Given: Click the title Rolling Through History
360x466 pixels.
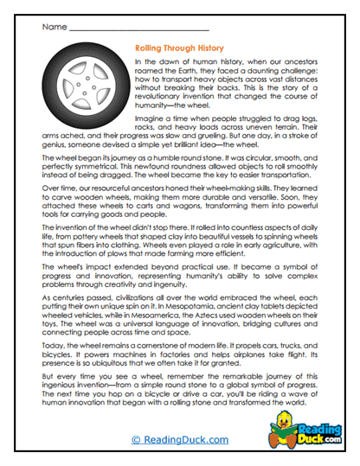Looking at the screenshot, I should click(x=180, y=49).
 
